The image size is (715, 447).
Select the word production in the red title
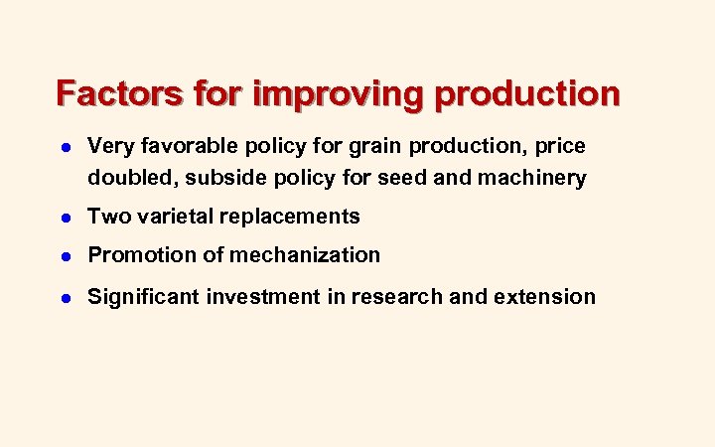[526, 94]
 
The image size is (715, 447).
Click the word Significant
[143, 297]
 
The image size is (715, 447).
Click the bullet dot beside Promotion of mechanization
[64, 256]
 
